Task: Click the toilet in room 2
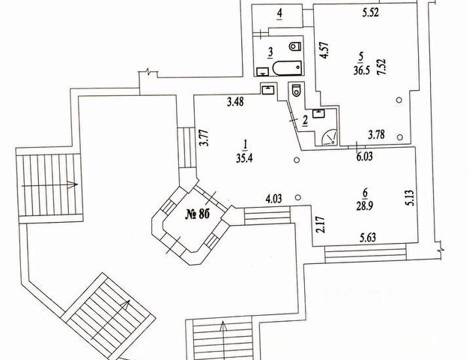(x=297, y=92)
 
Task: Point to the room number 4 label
(x=279, y=13)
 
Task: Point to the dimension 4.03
(x=276, y=199)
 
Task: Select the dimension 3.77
(x=203, y=139)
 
